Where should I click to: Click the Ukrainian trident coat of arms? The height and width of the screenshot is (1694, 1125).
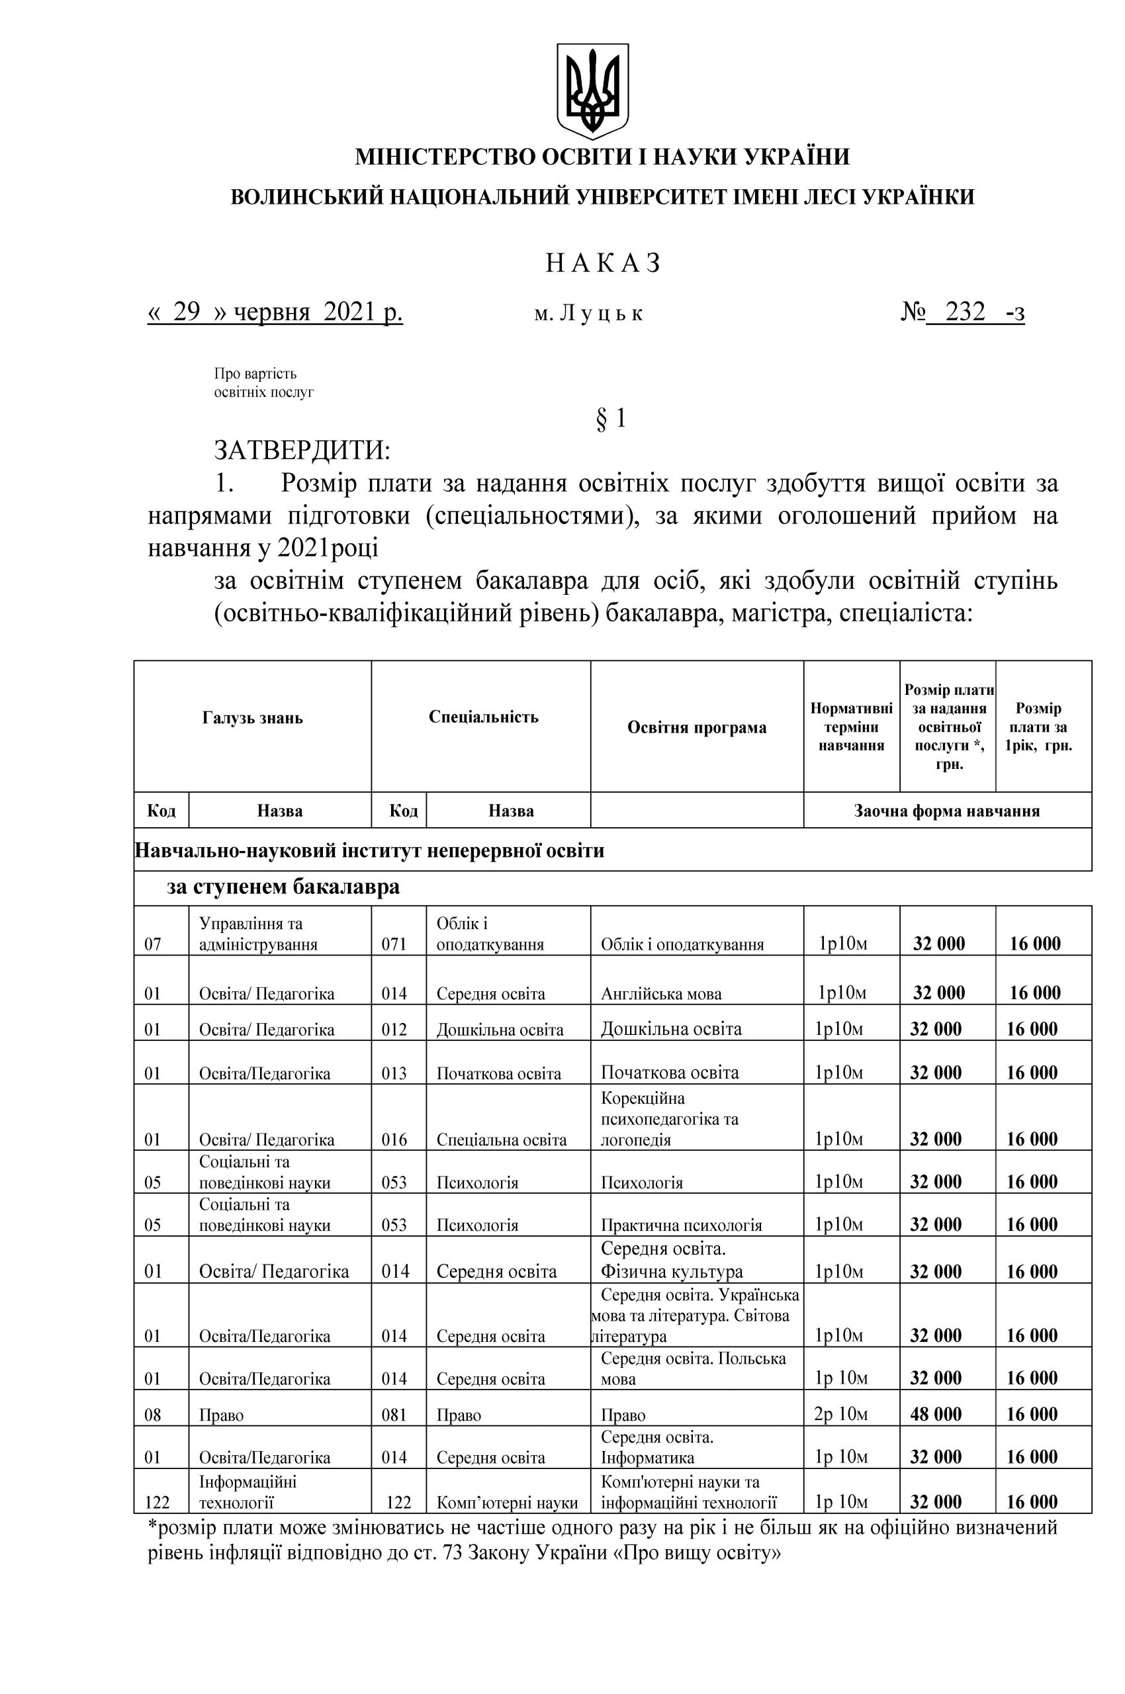[x=593, y=91]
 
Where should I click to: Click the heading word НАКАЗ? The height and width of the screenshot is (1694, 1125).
[x=602, y=263]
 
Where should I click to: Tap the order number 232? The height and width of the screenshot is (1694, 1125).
[x=965, y=313]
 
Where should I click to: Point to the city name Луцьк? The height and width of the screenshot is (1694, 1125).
[x=599, y=314]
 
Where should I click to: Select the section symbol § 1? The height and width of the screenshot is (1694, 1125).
[x=611, y=418]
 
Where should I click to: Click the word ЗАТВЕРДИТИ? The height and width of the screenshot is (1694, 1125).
[x=302, y=451]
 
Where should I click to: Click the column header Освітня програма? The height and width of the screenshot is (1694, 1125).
[x=697, y=727]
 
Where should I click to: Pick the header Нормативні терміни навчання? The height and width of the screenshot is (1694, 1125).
[x=851, y=727]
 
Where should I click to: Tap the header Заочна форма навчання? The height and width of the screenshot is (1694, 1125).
[x=946, y=811]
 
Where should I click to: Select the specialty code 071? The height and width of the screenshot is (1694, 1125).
[x=394, y=944]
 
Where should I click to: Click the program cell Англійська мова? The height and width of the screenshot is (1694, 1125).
[x=661, y=994]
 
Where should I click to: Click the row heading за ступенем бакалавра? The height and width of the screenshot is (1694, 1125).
[x=283, y=887]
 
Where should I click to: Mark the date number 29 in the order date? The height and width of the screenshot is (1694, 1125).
[x=186, y=313]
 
